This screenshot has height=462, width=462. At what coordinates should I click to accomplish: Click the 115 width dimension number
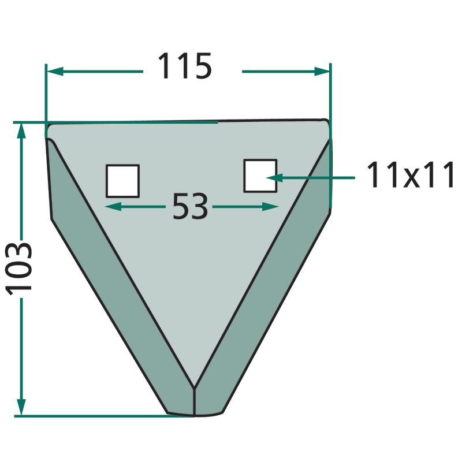click(185, 66)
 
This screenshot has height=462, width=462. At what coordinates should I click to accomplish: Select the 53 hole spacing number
click(190, 206)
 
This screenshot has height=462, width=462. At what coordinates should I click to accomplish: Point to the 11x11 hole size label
click(411, 174)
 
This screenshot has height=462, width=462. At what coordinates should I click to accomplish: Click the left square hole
click(122, 181)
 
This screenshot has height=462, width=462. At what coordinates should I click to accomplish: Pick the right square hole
click(260, 176)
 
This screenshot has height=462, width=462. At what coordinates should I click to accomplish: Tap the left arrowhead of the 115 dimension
click(55, 71)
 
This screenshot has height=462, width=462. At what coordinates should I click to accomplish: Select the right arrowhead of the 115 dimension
click(322, 71)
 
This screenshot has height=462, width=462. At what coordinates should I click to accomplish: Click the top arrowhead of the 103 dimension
click(21, 131)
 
